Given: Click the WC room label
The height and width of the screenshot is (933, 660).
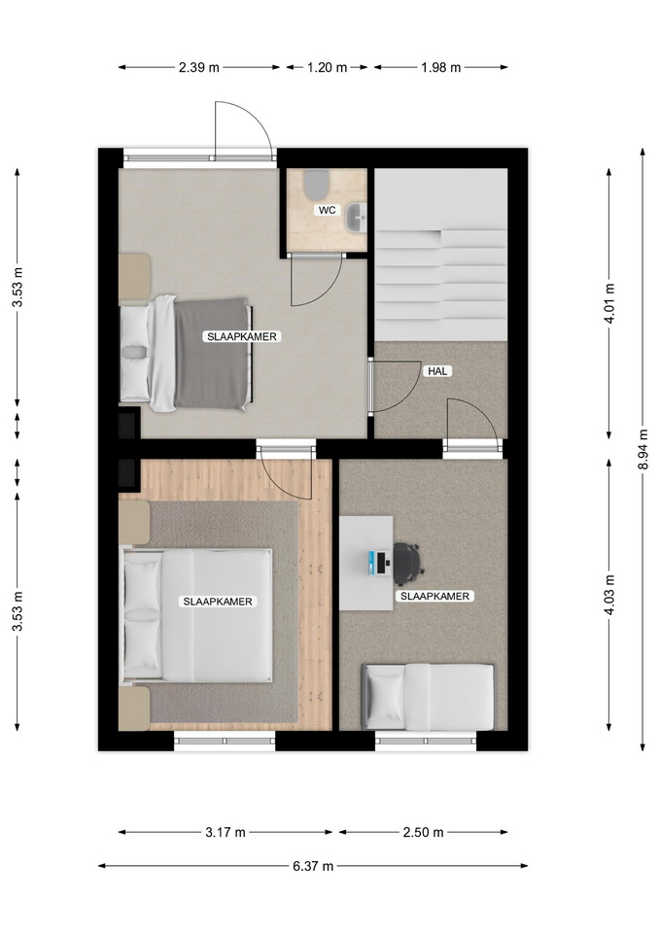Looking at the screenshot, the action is pyautogui.click(x=327, y=210).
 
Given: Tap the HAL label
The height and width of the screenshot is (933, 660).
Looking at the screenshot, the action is pyautogui.click(x=437, y=371).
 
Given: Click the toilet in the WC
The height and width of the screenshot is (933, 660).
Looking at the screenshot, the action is pyautogui.click(x=316, y=185).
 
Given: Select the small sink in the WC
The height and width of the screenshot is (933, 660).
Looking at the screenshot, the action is pyautogui.click(x=358, y=217).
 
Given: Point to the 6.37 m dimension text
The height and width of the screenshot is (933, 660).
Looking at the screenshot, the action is pyautogui.click(x=313, y=866).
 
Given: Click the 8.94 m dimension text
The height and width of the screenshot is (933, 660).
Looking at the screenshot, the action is pyautogui.click(x=643, y=449).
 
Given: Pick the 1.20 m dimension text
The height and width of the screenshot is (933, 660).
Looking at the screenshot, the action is pyautogui.click(x=327, y=68).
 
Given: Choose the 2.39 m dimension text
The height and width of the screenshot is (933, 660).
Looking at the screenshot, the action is pyautogui.click(x=198, y=68).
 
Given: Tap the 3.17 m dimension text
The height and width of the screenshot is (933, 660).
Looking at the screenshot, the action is pyautogui.click(x=226, y=833).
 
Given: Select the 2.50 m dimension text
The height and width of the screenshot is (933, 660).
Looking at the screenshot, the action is pyautogui.click(x=423, y=833).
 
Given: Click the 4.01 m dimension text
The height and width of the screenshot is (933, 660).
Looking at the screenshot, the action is pyautogui.click(x=608, y=303).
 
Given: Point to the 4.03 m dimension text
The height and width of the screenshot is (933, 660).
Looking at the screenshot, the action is pyautogui.click(x=608, y=595).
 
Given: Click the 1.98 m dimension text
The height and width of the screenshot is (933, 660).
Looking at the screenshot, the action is pyautogui.click(x=441, y=68).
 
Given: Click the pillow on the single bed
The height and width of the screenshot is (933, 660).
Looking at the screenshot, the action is pyautogui.click(x=386, y=697).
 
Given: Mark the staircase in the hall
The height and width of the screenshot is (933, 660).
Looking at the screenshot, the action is pyautogui.click(x=440, y=255).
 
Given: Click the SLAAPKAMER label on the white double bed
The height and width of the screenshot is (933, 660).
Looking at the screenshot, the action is pyautogui.click(x=217, y=602).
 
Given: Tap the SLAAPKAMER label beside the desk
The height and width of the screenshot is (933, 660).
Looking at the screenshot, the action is pyautogui.click(x=435, y=596).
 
